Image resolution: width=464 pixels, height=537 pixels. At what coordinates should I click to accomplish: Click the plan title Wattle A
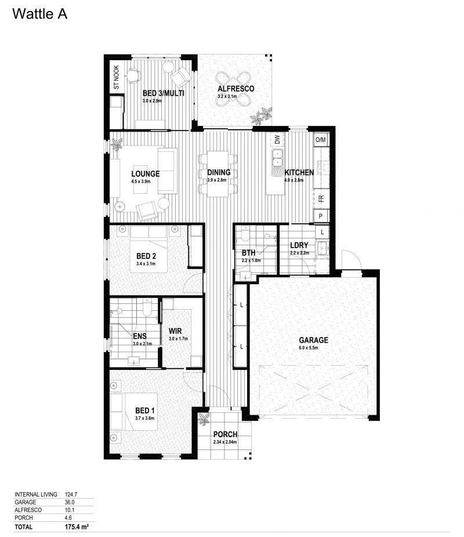pyautogui.click(x=39, y=14)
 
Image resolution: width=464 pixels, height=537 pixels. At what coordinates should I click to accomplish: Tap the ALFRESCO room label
pyautogui.click(x=236, y=89)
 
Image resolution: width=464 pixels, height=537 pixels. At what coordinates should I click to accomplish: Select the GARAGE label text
pyautogui.click(x=313, y=340)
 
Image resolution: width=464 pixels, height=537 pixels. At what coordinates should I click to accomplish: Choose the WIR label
pyautogui.click(x=176, y=331)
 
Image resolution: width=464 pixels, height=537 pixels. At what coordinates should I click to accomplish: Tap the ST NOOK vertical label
pyautogui.click(x=116, y=79)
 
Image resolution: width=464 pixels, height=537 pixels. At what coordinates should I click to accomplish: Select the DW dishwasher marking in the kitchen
pyautogui.click(x=277, y=140)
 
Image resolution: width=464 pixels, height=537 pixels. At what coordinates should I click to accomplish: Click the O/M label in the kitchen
pyautogui.click(x=321, y=140)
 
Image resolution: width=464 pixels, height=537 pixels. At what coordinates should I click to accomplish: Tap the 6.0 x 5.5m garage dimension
pyautogui.click(x=313, y=349)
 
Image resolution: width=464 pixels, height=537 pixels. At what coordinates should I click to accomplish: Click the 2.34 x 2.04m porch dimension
pyautogui.click(x=225, y=442)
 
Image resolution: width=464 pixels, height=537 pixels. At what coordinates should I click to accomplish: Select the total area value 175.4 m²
pyautogui.click(x=77, y=527)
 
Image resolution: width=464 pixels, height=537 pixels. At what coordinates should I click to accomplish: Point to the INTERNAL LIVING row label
pyautogui.click(x=35, y=495)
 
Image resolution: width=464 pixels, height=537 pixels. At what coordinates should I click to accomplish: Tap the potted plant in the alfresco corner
pyautogui.click(x=262, y=115)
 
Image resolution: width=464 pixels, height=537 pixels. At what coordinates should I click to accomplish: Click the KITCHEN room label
pyautogui.click(x=299, y=173)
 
